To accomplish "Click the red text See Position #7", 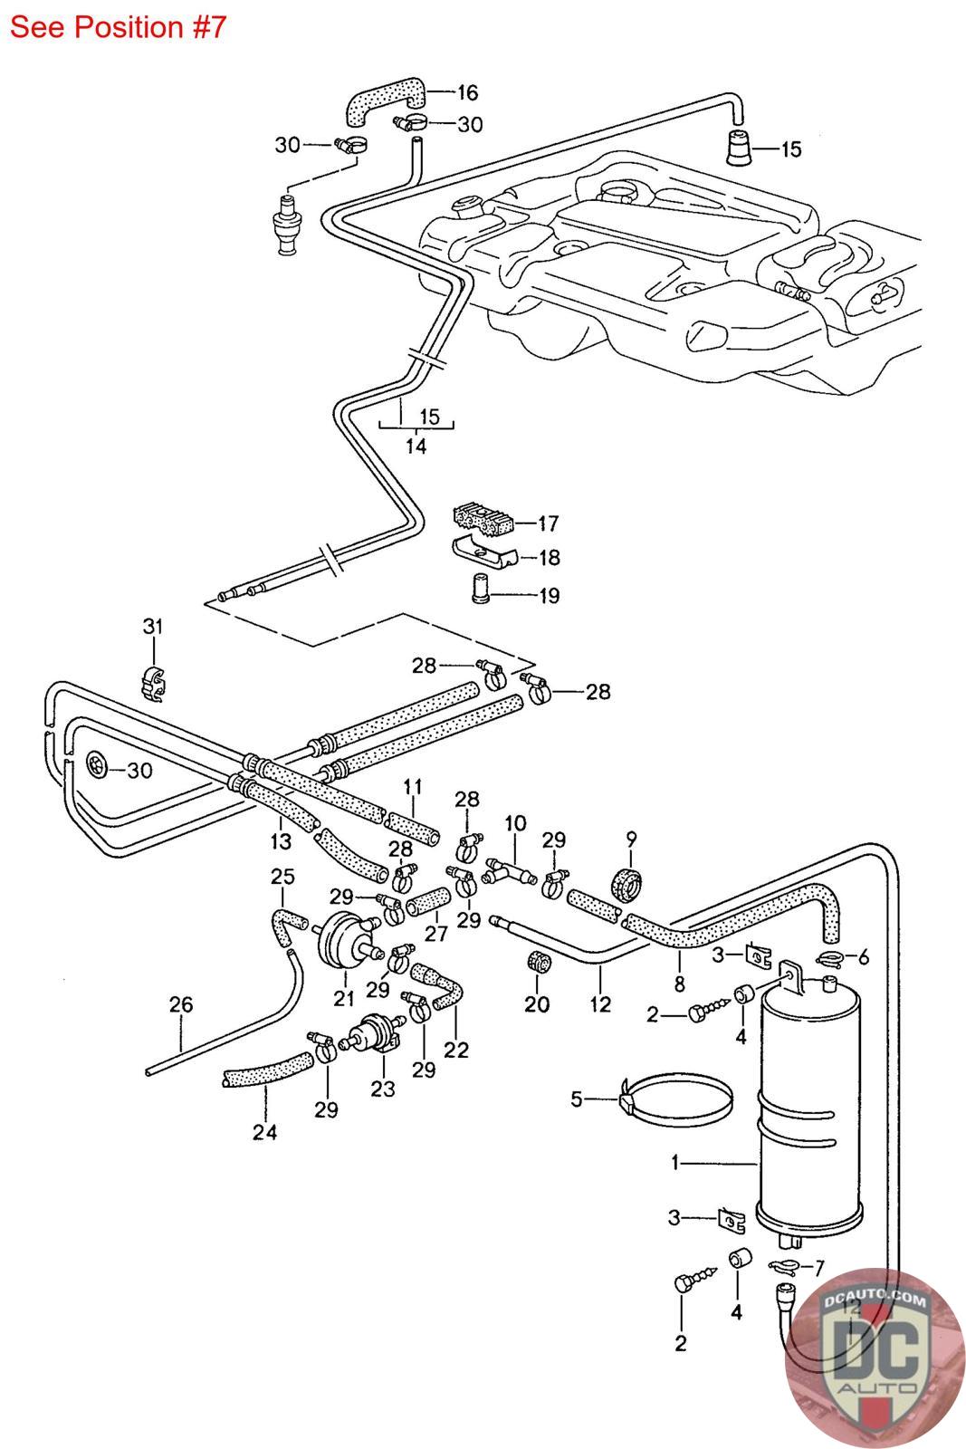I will (117, 27).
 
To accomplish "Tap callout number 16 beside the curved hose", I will (467, 92).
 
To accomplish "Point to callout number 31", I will (153, 625).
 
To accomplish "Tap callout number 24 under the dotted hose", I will (265, 1131).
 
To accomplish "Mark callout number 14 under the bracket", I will (416, 446).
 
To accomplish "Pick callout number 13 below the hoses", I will (281, 840).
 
